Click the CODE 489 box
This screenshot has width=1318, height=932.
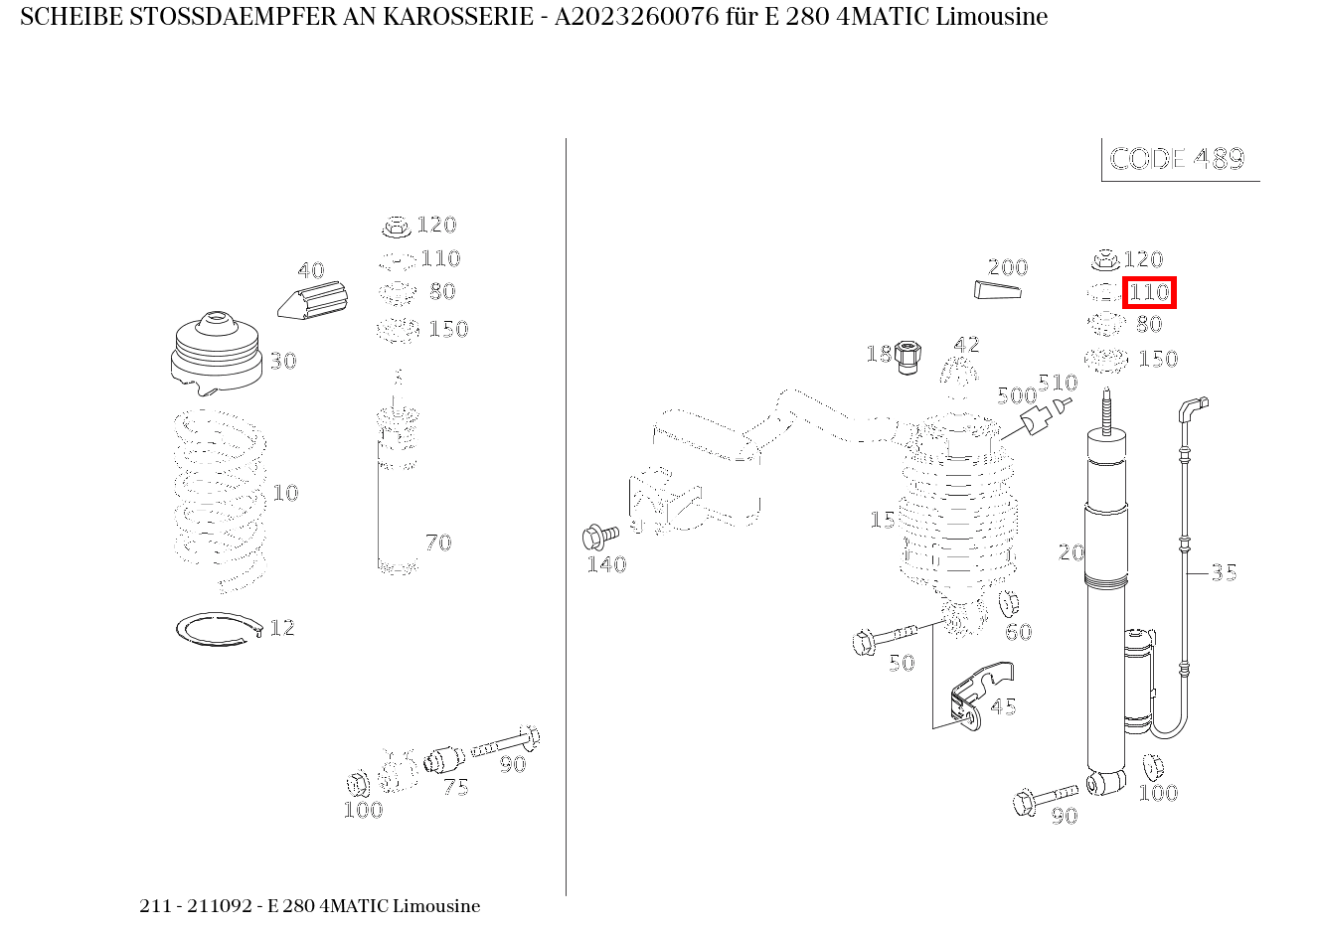point(1178,159)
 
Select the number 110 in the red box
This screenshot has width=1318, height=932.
point(1149,293)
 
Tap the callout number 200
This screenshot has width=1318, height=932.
point(1007,267)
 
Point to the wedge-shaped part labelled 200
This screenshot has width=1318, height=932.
point(996,289)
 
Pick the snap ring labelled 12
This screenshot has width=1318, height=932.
point(217,629)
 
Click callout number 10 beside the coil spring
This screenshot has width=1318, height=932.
point(285,493)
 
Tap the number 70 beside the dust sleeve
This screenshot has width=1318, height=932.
point(437,543)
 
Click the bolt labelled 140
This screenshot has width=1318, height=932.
point(598,538)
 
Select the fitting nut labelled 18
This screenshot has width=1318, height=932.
point(906,356)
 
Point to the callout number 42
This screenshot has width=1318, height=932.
point(966,344)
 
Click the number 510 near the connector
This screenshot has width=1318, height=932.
point(1058,383)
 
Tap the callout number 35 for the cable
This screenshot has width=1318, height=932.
point(1224,572)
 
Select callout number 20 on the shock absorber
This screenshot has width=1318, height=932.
point(1071,551)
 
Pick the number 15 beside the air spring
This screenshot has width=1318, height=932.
point(882,520)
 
